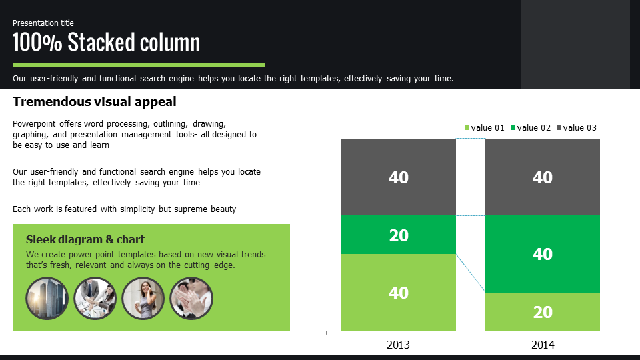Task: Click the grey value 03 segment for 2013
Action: [x=399, y=177]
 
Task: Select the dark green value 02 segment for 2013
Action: [x=399, y=235]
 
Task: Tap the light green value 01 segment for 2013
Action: [x=399, y=293]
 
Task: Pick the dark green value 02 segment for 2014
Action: [x=543, y=254]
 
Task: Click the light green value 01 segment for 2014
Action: [x=543, y=312]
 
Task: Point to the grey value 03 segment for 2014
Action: [x=543, y=177]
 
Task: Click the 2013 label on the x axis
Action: [x=398, y=345]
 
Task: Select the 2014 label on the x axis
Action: [x=543, y=345]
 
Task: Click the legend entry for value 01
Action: [x=485, y=128]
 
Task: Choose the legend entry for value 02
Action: [x=531, y=128]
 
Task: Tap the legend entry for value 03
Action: [x=576, y=128]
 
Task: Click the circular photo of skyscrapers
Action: [x=47, y=299]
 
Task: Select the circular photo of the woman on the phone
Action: [x=143, y=299]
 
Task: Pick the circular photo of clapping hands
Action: [x=191, y=299]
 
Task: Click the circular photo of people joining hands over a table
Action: [x=95, y=299]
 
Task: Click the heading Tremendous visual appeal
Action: [x=94, y=101]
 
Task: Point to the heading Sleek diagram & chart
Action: [x=85, y=239]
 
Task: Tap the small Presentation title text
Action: [x=43, y=23]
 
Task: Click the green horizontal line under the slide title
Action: [x=139, y=65]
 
